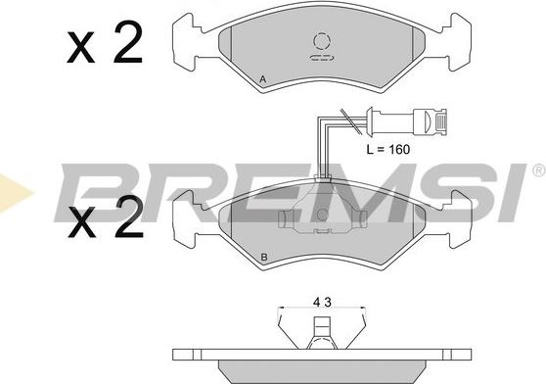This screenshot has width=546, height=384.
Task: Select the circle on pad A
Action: [x=321, y=41]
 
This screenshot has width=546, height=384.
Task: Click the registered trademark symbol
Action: [x=537, y=170]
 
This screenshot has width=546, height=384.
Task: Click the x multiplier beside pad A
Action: [x=79, y=49]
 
